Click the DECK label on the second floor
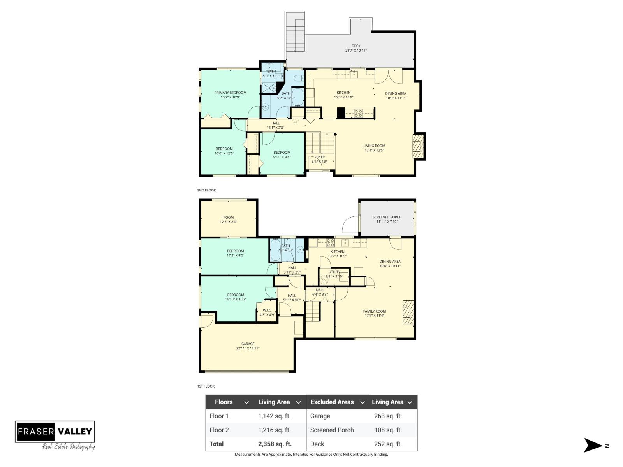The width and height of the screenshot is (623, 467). pos(356,46)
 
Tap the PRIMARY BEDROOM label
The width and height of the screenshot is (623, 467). pos(230,93)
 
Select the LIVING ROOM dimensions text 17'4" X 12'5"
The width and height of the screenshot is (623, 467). pos(374,150)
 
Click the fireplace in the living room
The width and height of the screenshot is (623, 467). pos(418,146)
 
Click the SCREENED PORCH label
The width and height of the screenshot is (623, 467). pos(387,217)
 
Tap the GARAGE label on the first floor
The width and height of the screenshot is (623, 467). pos(248,344)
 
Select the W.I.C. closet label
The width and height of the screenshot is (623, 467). pos(267,310)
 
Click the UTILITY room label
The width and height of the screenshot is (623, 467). pos(334,272)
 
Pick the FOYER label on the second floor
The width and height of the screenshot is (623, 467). pos(319,157)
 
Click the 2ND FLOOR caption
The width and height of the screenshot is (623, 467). pos(206,190)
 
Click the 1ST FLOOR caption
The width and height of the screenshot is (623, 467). pos(206,386)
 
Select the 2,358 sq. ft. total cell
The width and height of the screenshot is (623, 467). pos(275,444)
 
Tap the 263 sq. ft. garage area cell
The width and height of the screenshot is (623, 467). pos(387,416)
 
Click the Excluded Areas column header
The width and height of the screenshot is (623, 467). pos(332,402)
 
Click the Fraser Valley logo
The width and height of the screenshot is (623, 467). pos(55,431)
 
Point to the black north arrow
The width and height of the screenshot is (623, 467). pos(592,446)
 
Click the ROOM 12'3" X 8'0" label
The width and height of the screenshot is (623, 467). pos(228,219)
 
